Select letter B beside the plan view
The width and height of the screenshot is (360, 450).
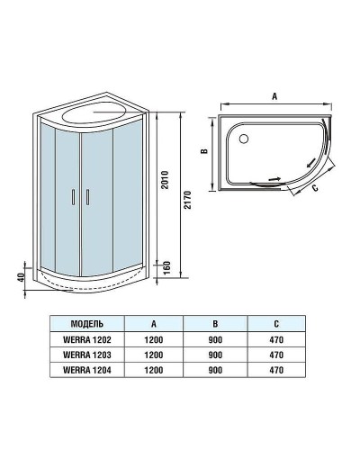[x=204, y=151]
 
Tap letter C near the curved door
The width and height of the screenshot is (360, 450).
[x=315, y=189]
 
